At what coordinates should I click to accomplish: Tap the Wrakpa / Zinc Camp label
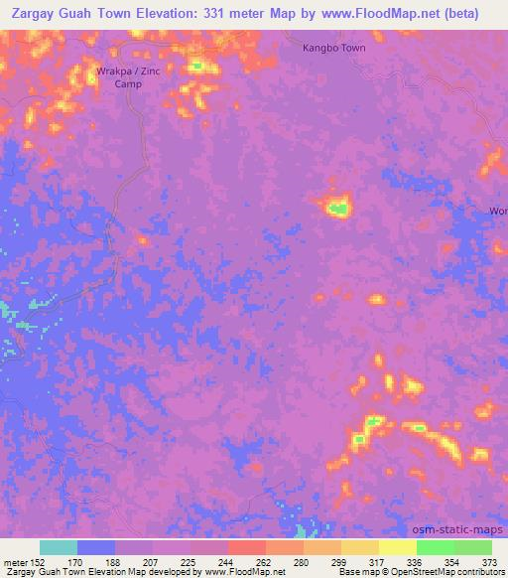tap(129, 77)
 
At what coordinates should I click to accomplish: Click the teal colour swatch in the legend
tap(59, 547)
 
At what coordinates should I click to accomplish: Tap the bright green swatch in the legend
tap(435, 547)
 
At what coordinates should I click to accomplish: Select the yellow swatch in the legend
tap(397, 547)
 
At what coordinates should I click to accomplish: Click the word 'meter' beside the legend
tap(14, 561)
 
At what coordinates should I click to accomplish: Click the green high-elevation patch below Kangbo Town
tap(338, 209)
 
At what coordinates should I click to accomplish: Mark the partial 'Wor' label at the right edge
tap(498, 212)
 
